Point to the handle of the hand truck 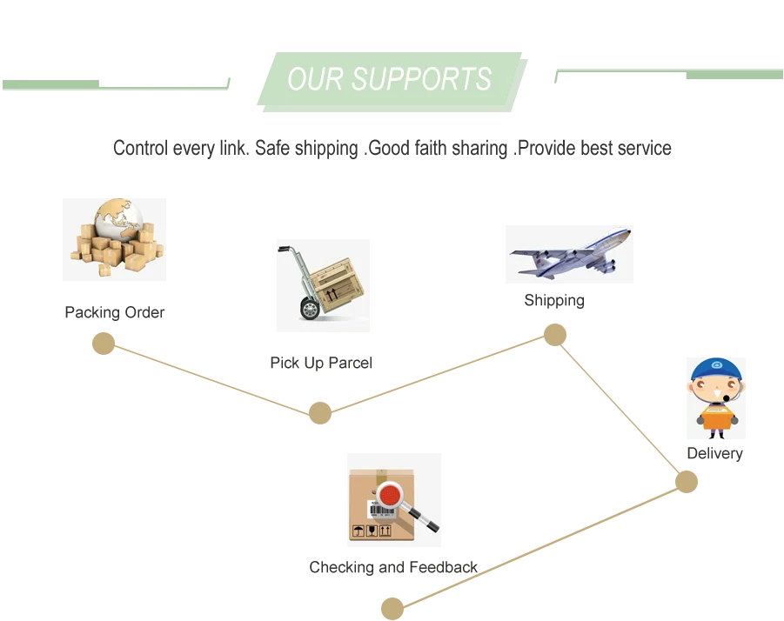(284, 250)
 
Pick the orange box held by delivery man (717, 417)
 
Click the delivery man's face (714, 389)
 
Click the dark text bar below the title (392, 150)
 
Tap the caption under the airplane (553, 302)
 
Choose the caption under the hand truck (320, 361)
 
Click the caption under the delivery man (714, 453)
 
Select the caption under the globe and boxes (114, 312)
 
